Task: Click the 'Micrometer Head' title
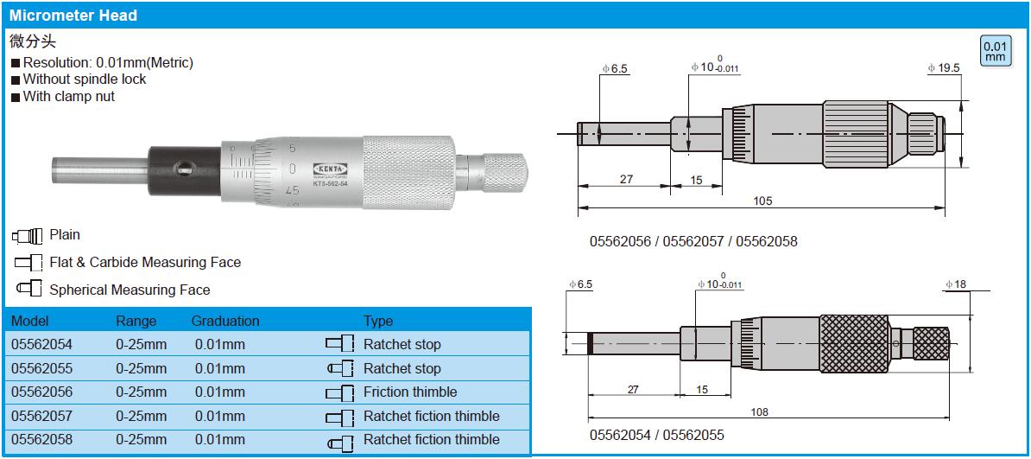pyautogui.click(x=73, y=16)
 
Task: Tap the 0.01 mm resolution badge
pyautogui.click(x=994, y=52)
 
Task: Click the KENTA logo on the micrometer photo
pyautogui.click(x=329, y=167)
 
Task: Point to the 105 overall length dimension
pyautogui.click(x=762, y=201)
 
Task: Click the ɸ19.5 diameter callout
pyautogui.click(x=944, y=67)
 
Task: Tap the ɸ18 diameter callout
pyautogui.click(x=956, y=284)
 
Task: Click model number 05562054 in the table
pyautogui.click(x=42, y=344)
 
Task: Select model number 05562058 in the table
pyautogui.click(x=42, y=439)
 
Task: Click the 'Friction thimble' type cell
pyautogui.click(x=409, y=392)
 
